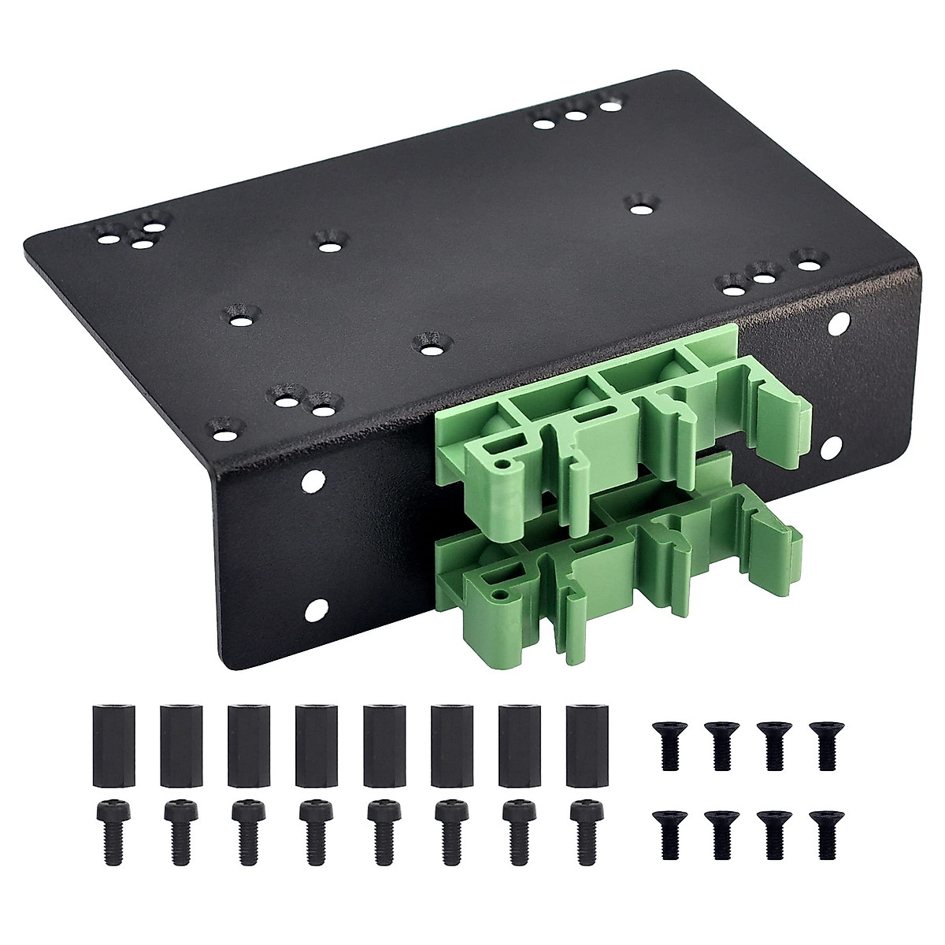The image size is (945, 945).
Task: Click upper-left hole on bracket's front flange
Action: click(313, 478)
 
